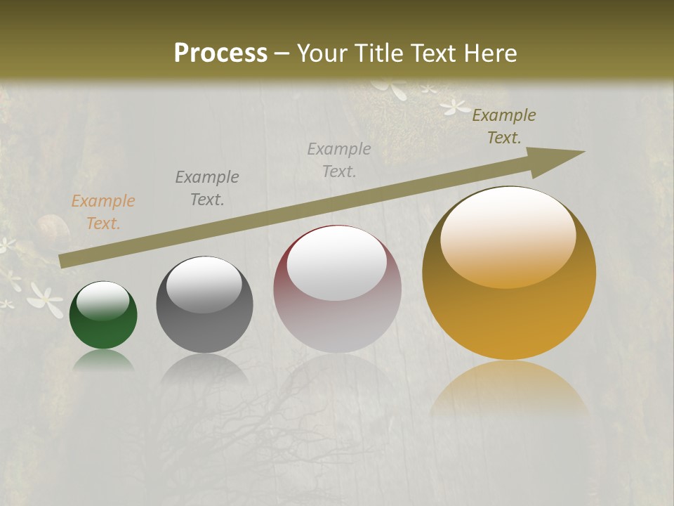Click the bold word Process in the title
point(220,53)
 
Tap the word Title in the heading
point(378,53)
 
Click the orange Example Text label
point(103,212)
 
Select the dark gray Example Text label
point(207,188)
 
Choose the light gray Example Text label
point(339,160)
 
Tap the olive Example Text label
point(504,126)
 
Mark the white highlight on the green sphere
point(103,300)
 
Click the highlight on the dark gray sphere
point(204,283)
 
